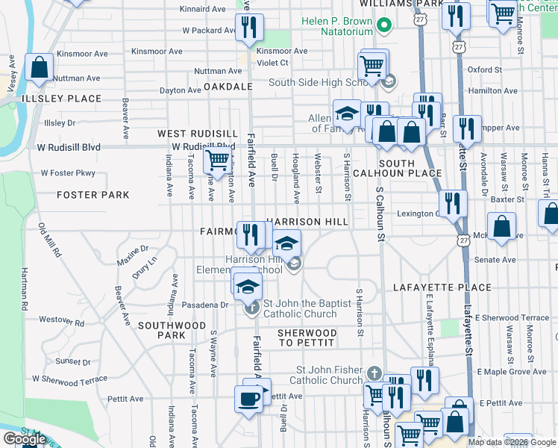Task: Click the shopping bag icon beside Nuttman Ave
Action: [x=39, y=68]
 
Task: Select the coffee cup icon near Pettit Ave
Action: [x=248, y=399]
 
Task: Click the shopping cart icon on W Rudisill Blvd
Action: [x=216, y=159]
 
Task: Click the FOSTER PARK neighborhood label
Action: [x=93, y=195]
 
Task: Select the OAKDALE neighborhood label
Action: [x=229, y=87]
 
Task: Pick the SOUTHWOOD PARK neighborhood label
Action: [x=172, y=330]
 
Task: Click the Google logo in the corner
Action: [x=24, y=439]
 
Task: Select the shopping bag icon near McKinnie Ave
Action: [x=502, y=227]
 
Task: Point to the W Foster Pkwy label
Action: [x=69, y=172]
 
